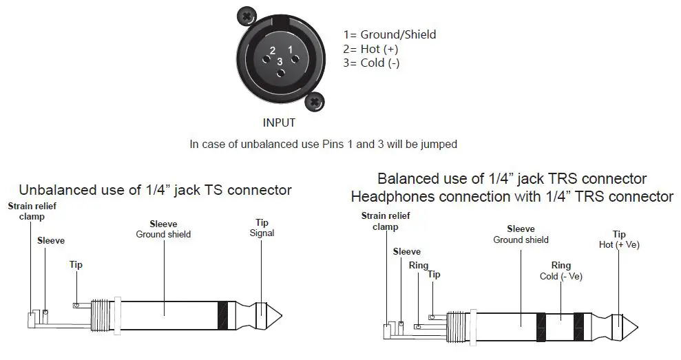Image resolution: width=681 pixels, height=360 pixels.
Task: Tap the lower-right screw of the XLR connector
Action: (x=315, y=103)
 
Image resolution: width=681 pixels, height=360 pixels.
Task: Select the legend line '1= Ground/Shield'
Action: (x=390, y=34)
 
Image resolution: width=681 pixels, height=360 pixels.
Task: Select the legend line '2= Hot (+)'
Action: (x=370, y=49)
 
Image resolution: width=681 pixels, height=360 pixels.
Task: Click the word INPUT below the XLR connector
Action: (x=279, y=123)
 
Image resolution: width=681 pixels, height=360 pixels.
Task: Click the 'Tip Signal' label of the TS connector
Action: (x=262, y=228)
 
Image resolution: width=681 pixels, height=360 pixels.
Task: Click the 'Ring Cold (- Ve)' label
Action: (x=560, y=271)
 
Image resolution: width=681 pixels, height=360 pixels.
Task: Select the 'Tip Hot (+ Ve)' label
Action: (x=619, y=240)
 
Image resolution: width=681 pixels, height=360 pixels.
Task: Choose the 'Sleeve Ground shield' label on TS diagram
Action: (x=163, y=229)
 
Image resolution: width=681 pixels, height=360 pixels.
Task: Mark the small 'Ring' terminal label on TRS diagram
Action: (x=418, y=266)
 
